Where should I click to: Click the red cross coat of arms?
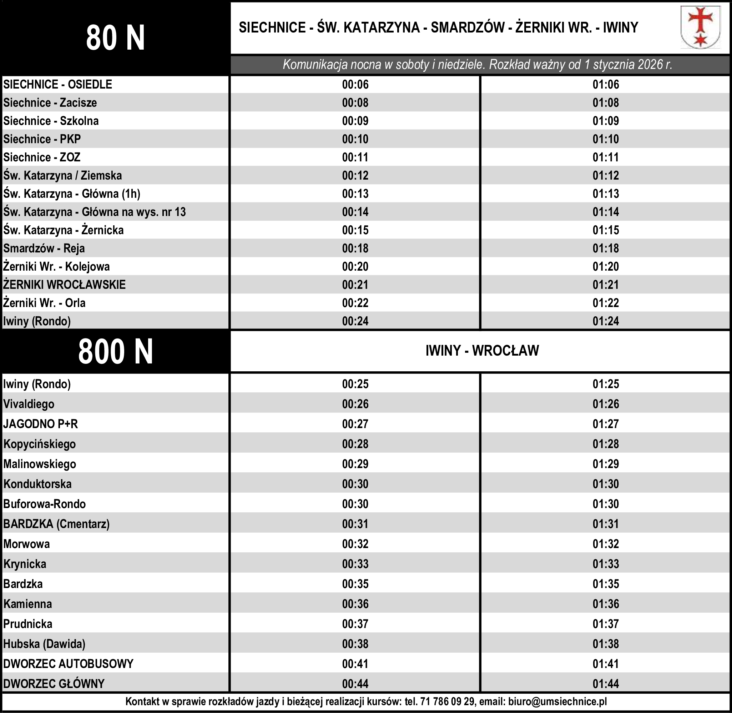tap(700, 27)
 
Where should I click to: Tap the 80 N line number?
tap(115, 38)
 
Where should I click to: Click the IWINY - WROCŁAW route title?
tap(482, 351)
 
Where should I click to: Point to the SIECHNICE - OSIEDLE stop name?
tap(58, 85)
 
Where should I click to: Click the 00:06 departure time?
tap(355, 85)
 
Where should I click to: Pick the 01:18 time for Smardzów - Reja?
tap(605, 248)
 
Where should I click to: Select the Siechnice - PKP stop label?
tap(42, 139)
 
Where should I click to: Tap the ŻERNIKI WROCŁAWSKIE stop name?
tap(64, 285)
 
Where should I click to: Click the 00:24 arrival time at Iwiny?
tap(355, 321)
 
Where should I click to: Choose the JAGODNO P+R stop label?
tap(40, 424)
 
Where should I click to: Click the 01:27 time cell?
tap(605, 424)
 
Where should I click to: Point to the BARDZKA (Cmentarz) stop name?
tap(56, 524)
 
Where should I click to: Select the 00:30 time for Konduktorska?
tap(355, 484)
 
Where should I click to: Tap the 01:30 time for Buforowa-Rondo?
tap(605, 504)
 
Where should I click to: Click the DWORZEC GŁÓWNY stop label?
tap(54, 684)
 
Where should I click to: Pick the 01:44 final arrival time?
tap(605, 684)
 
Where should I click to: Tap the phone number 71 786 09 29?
tap(448, 701)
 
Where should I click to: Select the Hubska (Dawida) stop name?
tap(44, 644)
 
